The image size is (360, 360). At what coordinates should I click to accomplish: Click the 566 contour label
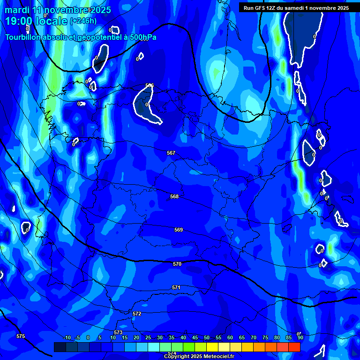point(150,85)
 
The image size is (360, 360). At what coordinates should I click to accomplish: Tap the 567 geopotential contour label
point(171,153)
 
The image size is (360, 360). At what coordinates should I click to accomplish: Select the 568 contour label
point(174,196)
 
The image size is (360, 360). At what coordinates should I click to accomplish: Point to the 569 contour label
point(179,230)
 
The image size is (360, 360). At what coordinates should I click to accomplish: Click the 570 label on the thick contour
point(177,264)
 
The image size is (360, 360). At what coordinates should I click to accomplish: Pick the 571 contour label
point(176,287)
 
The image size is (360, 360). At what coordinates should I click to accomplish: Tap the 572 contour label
point(137,314)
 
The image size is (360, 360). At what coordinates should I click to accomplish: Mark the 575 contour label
point(21,336)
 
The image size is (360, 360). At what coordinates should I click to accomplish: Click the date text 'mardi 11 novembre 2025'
point(58,10)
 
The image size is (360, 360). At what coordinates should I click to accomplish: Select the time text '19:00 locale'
point(36,21)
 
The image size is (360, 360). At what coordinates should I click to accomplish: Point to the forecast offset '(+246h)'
point(83,21)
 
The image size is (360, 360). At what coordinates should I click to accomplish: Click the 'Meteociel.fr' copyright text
point(217,357)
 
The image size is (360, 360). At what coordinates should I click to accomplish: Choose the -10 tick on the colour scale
point(67,337)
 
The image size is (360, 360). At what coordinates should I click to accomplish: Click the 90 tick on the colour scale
point(300,337)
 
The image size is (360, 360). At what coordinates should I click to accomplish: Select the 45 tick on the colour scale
point(195,337)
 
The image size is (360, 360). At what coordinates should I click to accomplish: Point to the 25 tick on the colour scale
point(148,337)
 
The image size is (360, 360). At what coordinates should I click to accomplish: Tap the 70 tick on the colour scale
point(253,337)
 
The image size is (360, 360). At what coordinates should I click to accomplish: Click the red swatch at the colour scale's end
point(294,347)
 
